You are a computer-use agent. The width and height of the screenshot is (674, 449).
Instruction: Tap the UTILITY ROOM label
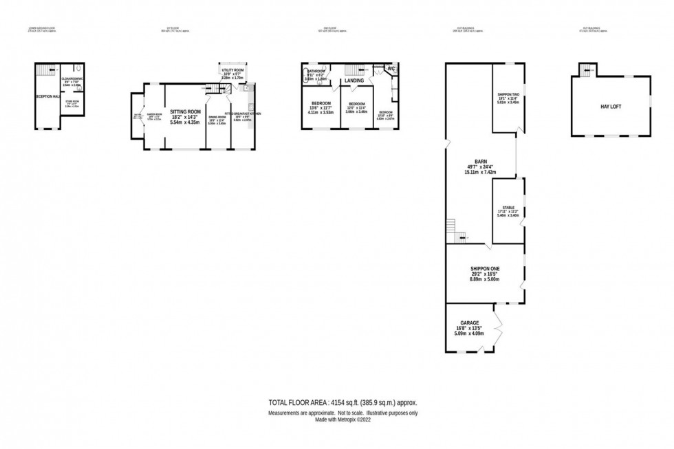(x=232, y=70)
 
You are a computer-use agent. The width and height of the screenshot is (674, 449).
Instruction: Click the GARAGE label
(x=469, y=322)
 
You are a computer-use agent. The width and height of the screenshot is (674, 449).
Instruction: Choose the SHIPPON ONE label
(x=484, y=268)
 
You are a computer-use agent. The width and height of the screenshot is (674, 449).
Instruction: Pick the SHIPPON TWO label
(x=508, y=94)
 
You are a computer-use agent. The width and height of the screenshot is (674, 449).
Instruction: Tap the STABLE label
(x=508, y=207)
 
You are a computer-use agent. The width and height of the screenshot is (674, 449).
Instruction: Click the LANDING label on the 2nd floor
(x=354, y=81)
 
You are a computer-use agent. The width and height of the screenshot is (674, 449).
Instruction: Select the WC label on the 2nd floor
(x=391, y=68)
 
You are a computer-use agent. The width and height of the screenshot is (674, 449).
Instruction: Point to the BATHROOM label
(x=316, y=71)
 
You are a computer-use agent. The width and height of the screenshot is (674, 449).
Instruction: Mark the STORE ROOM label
(x=72, y=101)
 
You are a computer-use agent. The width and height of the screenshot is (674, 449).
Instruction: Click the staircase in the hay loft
(x=587, y=69)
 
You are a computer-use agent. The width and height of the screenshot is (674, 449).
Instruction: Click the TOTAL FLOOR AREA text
(x=342, y=403)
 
